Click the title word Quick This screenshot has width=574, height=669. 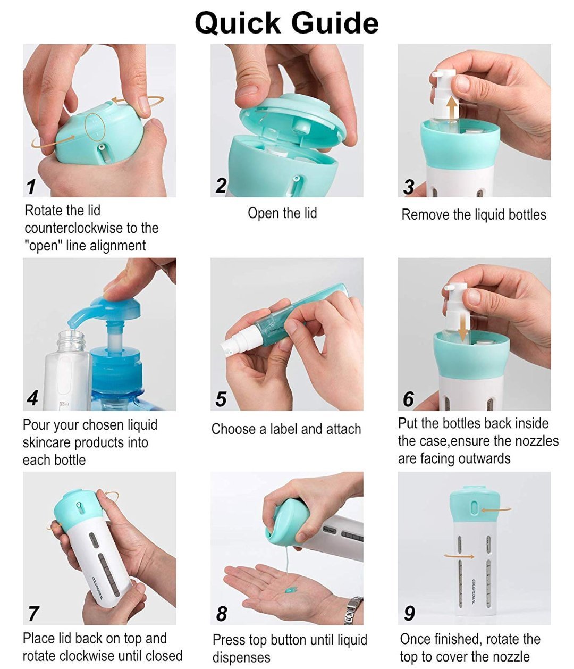point(238,24)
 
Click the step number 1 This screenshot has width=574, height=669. point(31,187)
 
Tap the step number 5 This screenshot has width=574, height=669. point(221,399)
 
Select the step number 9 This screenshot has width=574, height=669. point(409,613)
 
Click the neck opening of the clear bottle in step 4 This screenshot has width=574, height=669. point(73,334)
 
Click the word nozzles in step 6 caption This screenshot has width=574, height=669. point(537,441)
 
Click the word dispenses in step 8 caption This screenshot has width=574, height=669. point(241,657)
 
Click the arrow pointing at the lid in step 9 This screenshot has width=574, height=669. point(495,509)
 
